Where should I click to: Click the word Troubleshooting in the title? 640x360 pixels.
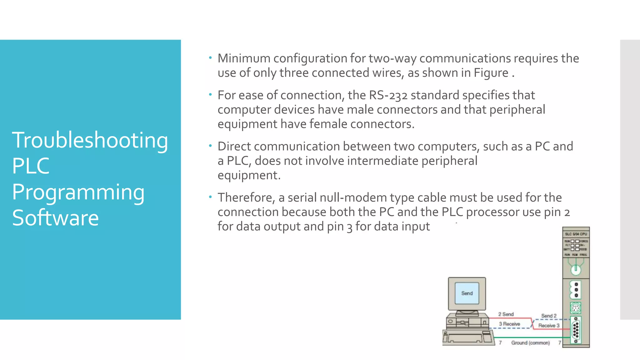(x=90, y=140)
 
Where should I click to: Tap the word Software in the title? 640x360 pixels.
(x=55, y=218)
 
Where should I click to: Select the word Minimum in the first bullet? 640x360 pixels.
(x=244, y=58)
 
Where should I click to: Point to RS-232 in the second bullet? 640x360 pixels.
(x=388, y=95)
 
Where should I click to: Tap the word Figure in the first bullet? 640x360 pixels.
(x=491, y=73)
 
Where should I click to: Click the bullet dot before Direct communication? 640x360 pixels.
(x=211, y=146)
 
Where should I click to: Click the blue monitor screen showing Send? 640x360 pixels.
(x=467, y=293)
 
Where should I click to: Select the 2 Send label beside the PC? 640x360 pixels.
(x=506, y=314)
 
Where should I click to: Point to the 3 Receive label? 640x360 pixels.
(x=509, y=324)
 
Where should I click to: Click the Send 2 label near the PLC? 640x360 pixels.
(x=549, y=316)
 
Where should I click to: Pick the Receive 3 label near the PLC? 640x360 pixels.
(x=549, y=326)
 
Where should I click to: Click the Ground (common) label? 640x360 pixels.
(x=530, y=343)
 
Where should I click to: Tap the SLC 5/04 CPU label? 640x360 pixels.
(x=576, y=234)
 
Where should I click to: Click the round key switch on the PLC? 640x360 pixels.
(x=576, y=269)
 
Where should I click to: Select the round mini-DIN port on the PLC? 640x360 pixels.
(x=576, y=308)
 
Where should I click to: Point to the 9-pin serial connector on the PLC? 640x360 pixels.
(x=576, y=330)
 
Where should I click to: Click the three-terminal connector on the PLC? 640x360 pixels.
(x=576, y=290)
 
